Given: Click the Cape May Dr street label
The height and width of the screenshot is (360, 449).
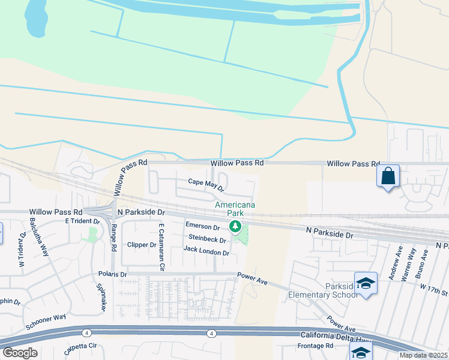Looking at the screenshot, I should [206, 184].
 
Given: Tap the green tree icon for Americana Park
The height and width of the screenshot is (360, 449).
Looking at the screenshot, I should [235, 226].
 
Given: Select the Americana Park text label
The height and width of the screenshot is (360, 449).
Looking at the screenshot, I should [235, 209].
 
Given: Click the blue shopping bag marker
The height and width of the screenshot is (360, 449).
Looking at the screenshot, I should [388, 176].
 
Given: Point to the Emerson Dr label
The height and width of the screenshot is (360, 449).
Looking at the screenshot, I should [202, 226].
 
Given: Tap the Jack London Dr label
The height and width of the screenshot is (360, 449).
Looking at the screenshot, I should [206, 251].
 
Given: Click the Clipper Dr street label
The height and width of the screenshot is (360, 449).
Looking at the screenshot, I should [142, 245].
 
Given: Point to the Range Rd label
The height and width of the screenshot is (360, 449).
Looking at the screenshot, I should [113, 239].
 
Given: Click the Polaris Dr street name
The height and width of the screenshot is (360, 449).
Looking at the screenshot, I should [113, 274].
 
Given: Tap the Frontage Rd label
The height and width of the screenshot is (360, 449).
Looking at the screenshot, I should [315, 346].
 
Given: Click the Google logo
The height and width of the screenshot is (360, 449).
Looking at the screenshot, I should [20, 353].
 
